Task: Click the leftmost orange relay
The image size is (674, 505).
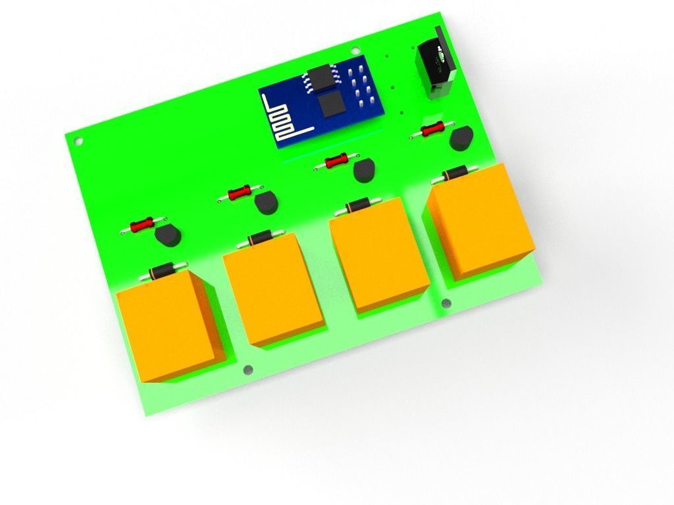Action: (170, 326)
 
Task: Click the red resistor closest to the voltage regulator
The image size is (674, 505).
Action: (432, 130)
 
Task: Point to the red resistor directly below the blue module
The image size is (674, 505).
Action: (337, 160)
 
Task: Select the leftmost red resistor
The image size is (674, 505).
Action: (142, 226)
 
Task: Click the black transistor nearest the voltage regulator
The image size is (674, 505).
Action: (462, 139)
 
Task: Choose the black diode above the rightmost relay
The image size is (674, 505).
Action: (454, 175)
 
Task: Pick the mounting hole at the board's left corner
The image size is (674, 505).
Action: (78, 141)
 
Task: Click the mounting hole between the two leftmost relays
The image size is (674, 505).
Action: (247, 370)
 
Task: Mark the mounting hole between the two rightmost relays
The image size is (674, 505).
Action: (446, 303)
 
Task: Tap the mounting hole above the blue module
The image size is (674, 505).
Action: (356, 50)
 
